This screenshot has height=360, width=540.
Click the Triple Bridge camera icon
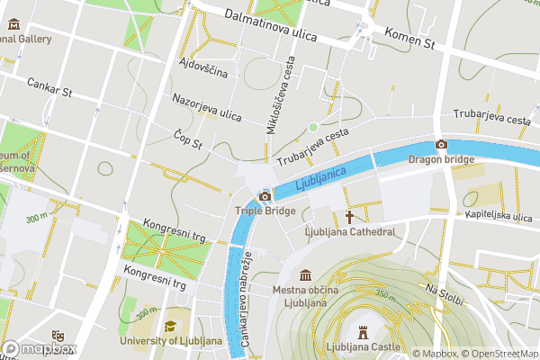click(265, 196)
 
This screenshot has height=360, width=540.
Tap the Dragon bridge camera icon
click(441, 145)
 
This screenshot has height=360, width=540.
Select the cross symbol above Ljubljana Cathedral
click(349, 217)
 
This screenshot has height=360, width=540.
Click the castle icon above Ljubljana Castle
click(364, 331)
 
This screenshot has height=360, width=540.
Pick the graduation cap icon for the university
click(169, 326)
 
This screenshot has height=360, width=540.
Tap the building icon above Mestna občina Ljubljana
click(305, 274)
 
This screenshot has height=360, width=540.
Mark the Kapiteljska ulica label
click(500, 215)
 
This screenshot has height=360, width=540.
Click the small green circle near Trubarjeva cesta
click(313, 127)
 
